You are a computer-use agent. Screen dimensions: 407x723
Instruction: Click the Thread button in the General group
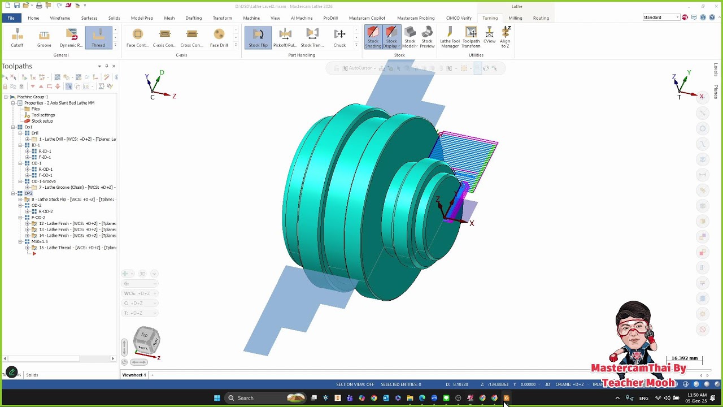(x=98, y=37)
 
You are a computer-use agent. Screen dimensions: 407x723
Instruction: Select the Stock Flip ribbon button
(x=258, y=37)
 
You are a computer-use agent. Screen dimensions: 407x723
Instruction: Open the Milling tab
(x=515, y=18)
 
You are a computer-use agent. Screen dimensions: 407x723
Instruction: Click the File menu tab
(x=11, y=18)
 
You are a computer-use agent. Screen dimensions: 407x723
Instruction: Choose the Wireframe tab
(x=60, y=18)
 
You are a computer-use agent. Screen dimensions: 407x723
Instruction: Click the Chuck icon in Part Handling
(x=339, y=37)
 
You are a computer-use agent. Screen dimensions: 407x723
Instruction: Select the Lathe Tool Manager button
(x=450, y=37)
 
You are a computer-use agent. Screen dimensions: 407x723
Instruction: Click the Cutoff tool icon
(x=17, y=37)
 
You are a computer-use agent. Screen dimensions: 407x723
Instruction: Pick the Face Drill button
(x=219, y=37)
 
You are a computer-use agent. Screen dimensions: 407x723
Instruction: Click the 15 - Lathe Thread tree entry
(x=77, y=248)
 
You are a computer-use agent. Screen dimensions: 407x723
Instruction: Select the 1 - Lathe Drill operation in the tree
(x=77, y=139)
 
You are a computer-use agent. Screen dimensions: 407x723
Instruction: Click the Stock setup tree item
(x=42, y=121)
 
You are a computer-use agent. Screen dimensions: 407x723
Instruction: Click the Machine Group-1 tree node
(x=32, y=97)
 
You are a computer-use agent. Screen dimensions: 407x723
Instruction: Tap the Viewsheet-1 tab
(x=134, y=375)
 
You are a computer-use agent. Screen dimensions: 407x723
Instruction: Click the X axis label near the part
(x=472, y=223)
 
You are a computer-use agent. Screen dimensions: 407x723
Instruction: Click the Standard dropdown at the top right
(x=661, y=18)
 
